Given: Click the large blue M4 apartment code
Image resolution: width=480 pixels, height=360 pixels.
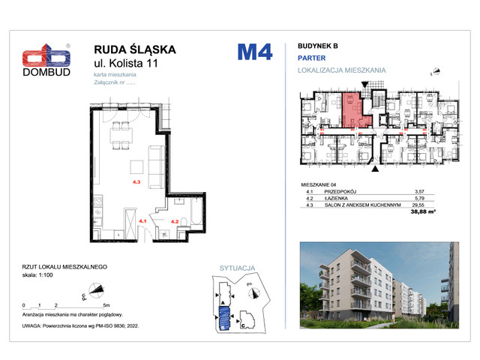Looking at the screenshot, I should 254,53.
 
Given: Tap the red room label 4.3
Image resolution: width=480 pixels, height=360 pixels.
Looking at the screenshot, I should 136,181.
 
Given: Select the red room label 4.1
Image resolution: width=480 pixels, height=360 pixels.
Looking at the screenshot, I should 142,220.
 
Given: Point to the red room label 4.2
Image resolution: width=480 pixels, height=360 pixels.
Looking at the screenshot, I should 175,220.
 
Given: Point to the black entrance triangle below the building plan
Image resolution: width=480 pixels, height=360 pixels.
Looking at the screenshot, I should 376,169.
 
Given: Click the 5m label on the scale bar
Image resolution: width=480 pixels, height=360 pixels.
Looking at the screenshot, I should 107,306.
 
